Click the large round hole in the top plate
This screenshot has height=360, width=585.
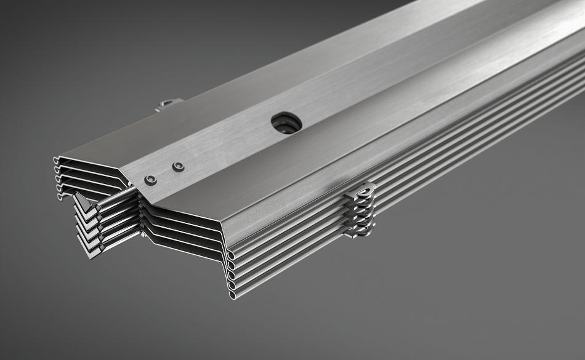286,122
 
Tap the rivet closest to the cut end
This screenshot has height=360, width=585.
150,180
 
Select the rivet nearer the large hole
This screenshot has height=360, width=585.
178,167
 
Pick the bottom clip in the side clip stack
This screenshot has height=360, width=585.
360,233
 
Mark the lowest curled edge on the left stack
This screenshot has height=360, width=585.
60,196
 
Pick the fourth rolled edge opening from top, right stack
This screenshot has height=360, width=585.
232,285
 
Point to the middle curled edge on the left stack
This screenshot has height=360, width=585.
58,178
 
